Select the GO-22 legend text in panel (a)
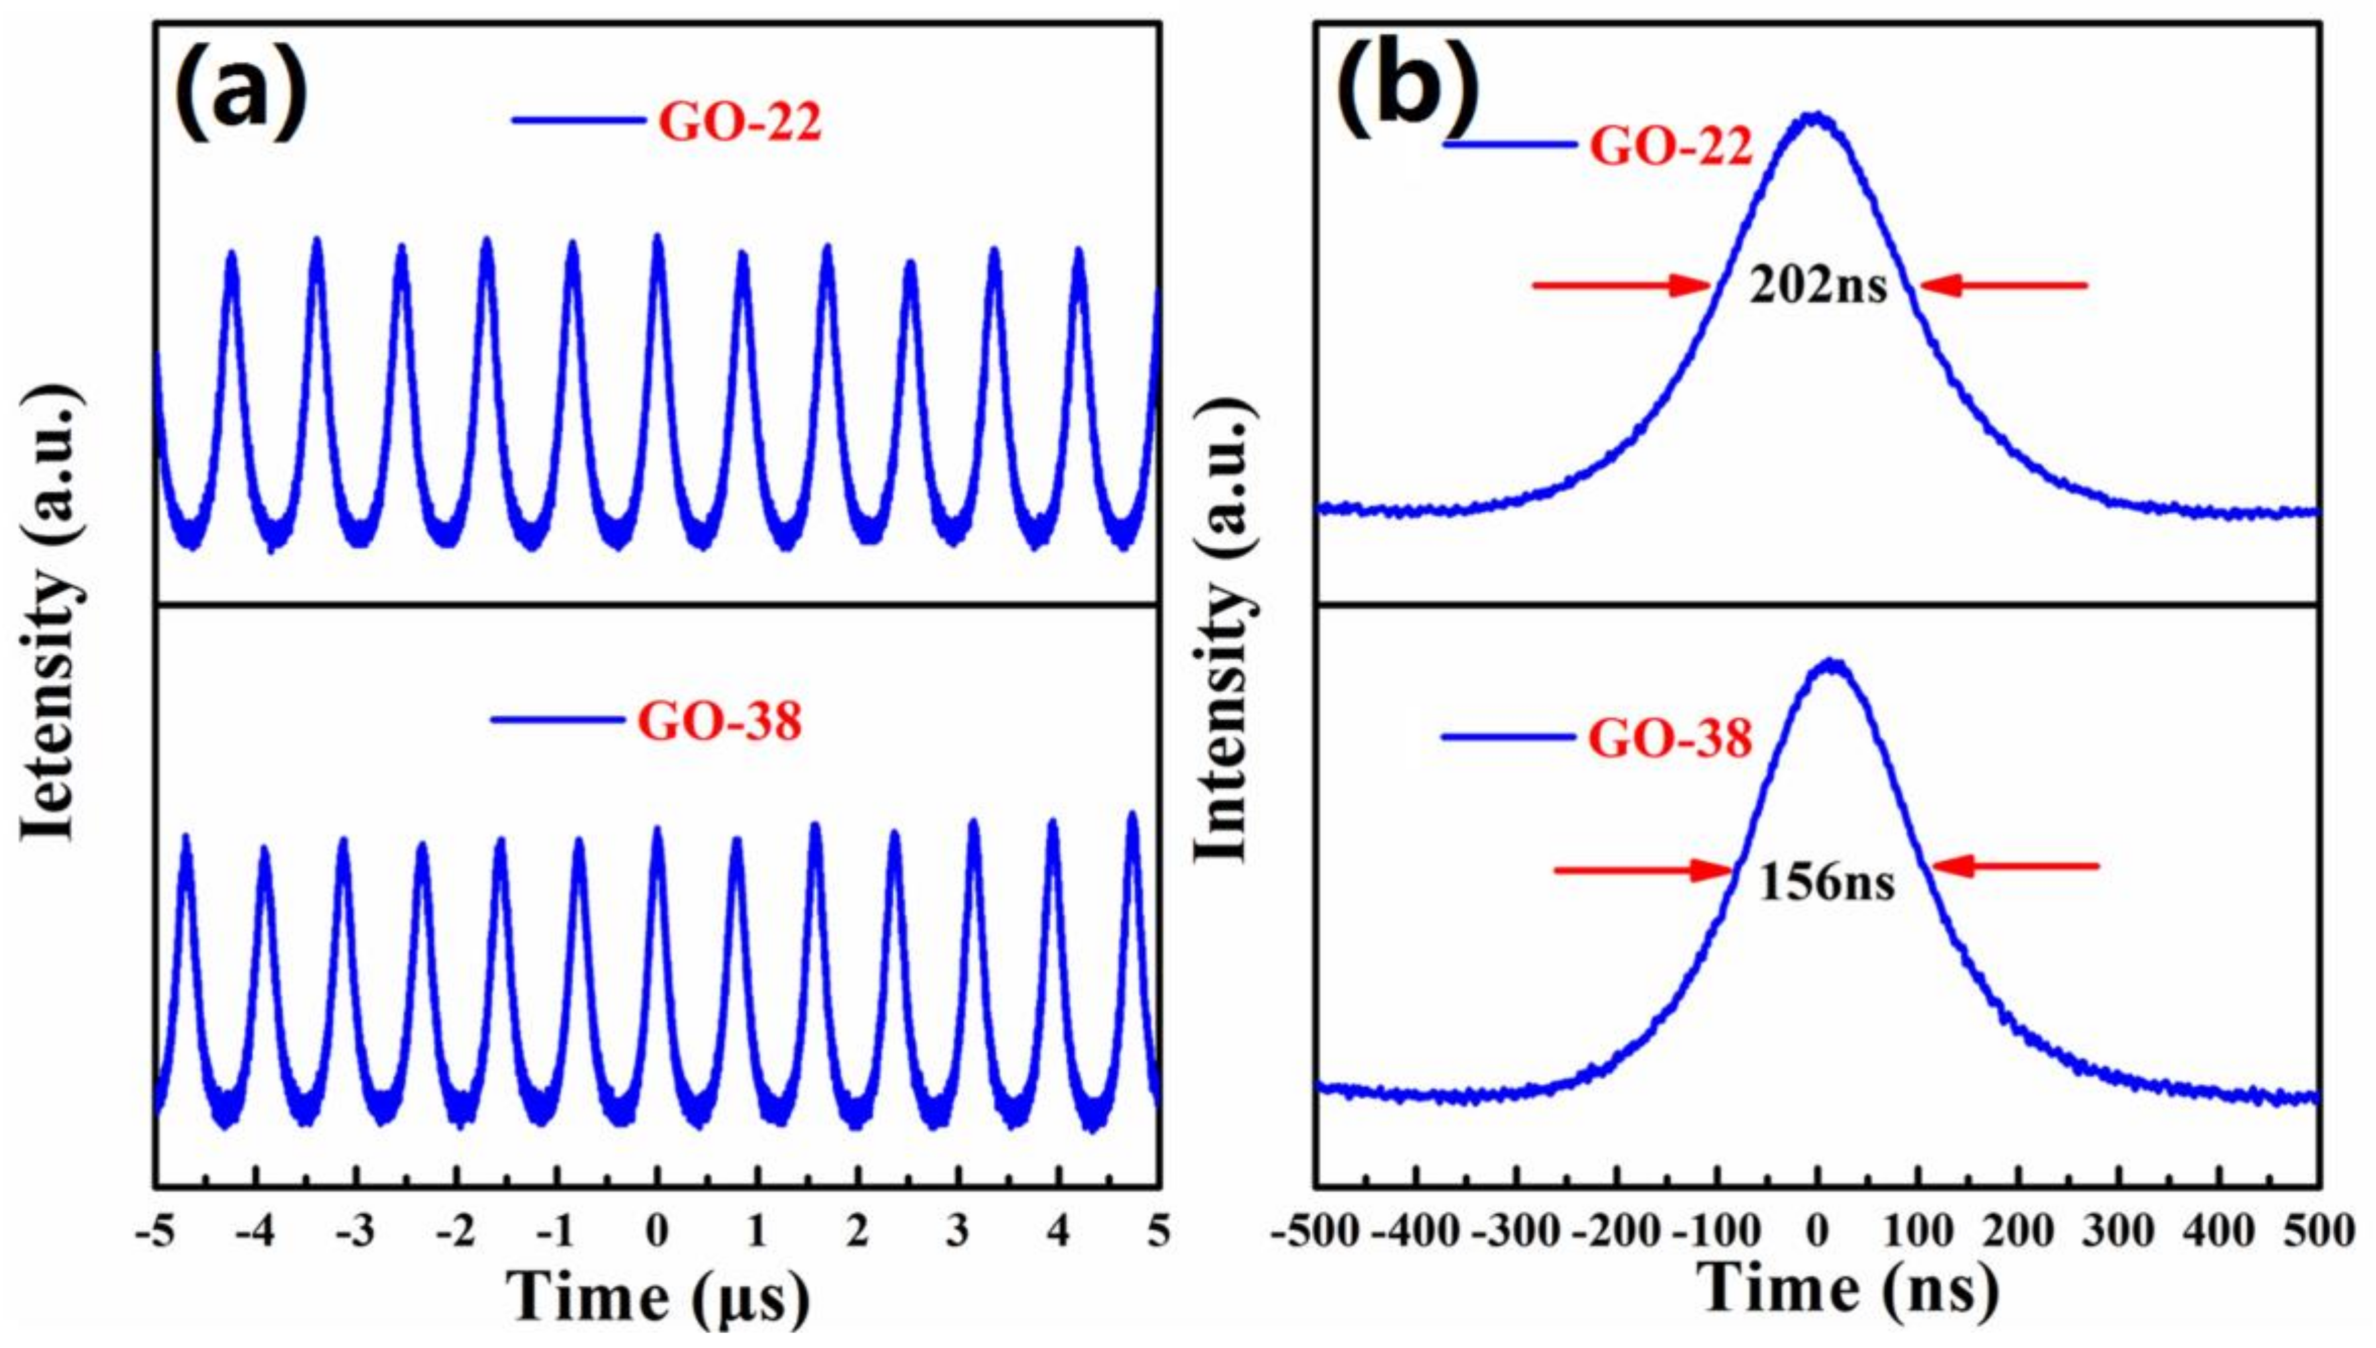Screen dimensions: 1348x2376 740,122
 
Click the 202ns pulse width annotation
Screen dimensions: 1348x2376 1817,287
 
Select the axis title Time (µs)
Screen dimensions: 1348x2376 659,1298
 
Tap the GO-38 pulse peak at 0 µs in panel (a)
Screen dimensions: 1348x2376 657,830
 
